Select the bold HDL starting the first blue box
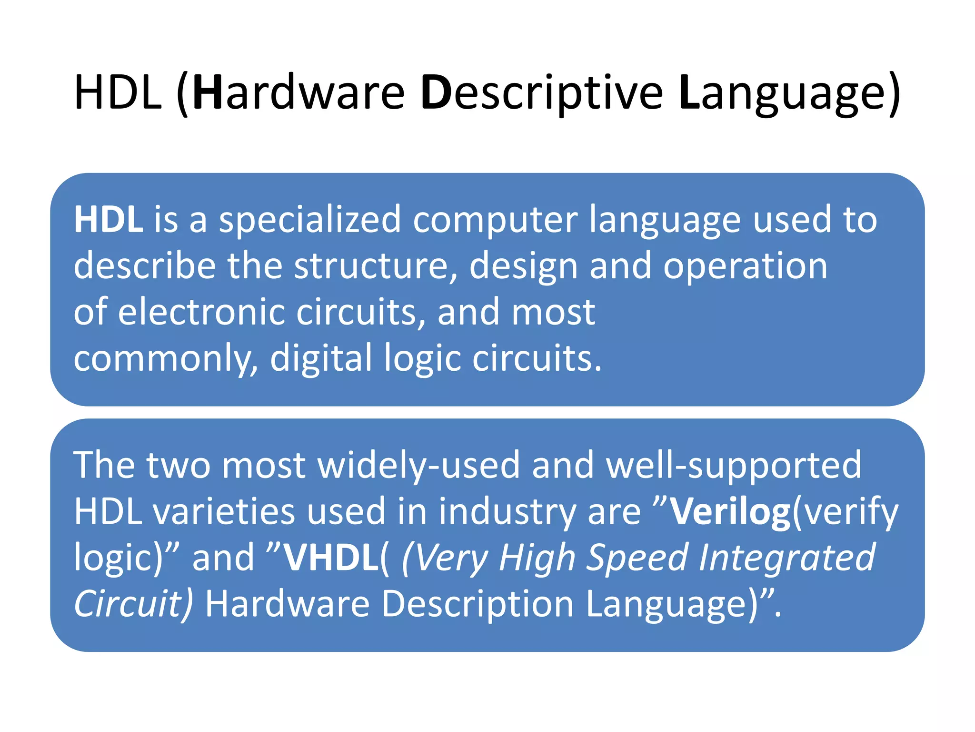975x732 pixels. [108, 220]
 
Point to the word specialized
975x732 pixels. [310, 221]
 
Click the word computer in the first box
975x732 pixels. [495, 221]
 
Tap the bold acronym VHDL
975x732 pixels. [331, 558]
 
